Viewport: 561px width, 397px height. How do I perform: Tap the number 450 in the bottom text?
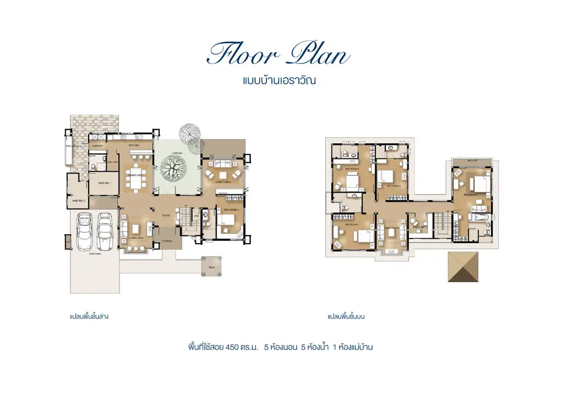[x=232, y=347]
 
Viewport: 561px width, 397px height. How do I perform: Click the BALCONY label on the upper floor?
[x=472, y=161]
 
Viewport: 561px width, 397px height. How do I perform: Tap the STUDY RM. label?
[x=419, y=227]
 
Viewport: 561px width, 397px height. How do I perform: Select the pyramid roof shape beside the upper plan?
[x=464, y=267]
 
